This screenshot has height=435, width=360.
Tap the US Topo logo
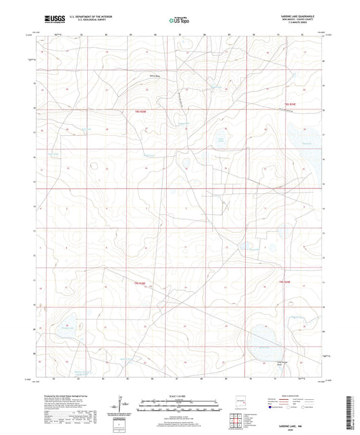[x=180, y=21]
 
